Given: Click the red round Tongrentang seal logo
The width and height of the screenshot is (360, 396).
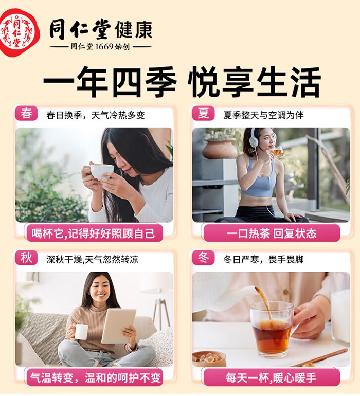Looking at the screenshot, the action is coord(20,32).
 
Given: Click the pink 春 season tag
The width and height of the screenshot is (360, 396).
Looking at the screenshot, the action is coord(26,113).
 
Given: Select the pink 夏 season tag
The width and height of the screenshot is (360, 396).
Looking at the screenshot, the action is coord(203,113).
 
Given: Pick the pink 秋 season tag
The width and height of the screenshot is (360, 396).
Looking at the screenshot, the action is coord(26,258).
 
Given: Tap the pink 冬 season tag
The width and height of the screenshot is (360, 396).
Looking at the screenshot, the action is coord(203,258).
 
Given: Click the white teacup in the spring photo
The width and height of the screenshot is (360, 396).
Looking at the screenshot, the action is coord(102,170).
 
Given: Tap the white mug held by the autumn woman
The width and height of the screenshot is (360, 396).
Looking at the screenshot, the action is coord(81,332).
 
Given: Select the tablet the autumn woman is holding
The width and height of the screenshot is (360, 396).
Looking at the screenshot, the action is coord(118,326).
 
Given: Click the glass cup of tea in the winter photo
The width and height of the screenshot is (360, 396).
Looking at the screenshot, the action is coord(272,329).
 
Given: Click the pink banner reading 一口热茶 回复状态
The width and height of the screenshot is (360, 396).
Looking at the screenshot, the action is coord(272,233).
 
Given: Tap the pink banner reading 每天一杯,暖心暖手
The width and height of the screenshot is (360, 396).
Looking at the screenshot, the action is coord(272,377).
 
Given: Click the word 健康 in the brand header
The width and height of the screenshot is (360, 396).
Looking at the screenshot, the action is coord(134,30).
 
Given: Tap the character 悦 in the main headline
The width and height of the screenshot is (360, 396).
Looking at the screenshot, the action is coord(203,82).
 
